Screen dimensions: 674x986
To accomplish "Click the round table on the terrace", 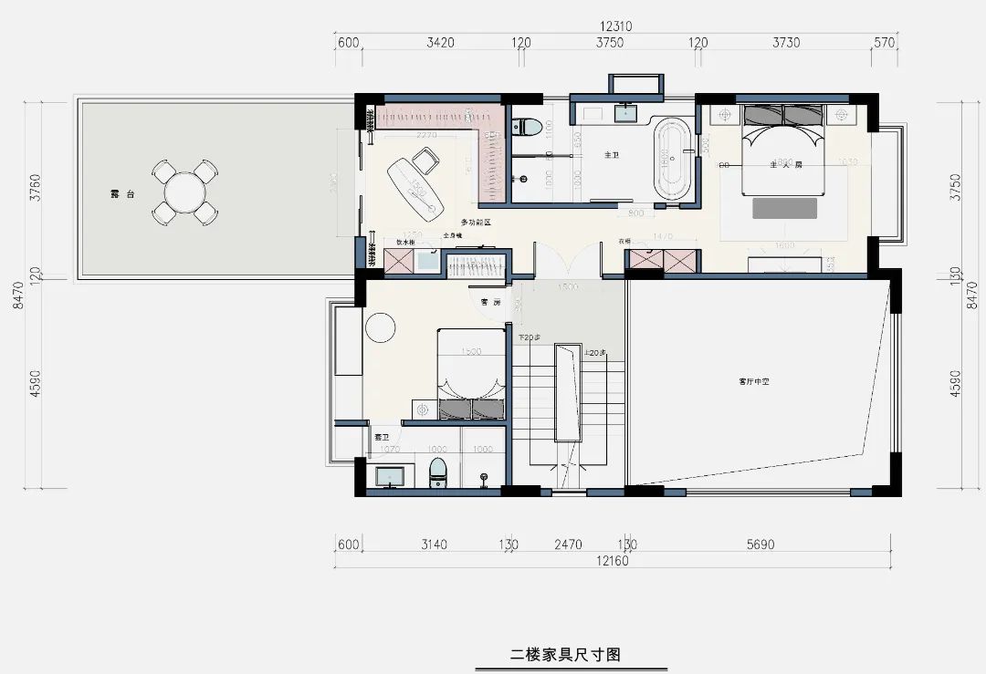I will [x=184, y=192].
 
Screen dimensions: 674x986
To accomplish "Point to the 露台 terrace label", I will [x=116, y=193].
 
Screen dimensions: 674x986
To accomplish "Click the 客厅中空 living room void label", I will [x=754, y=381].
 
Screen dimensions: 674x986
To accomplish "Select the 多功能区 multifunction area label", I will [x=475, y=223].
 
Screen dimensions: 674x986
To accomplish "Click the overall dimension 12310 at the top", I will [x=617, y=26].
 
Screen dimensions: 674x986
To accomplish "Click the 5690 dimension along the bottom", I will [x=759, y=544].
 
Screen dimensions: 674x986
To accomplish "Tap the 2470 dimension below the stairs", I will [x=567, y=544].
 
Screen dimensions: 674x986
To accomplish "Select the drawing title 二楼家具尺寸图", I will [x=565, y=654].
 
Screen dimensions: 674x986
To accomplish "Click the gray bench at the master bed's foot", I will [x=783, y=209].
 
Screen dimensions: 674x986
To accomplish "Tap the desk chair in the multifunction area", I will [x=425, y=163].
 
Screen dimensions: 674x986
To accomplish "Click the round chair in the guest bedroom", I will [x=379, y=327].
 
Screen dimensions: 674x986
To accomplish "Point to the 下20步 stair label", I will [x=529, y=338].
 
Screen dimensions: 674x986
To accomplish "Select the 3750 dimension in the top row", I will [x=609, y=43].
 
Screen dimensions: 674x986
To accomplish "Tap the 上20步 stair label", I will [x=594, y=353].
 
